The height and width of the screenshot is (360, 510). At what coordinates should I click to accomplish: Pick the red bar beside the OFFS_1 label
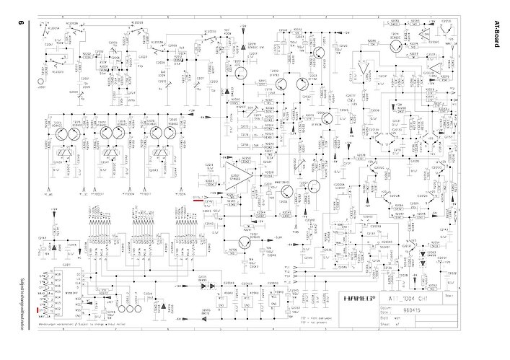tap(198, 196)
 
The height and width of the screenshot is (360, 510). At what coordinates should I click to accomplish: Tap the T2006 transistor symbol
tap(313, 187)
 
